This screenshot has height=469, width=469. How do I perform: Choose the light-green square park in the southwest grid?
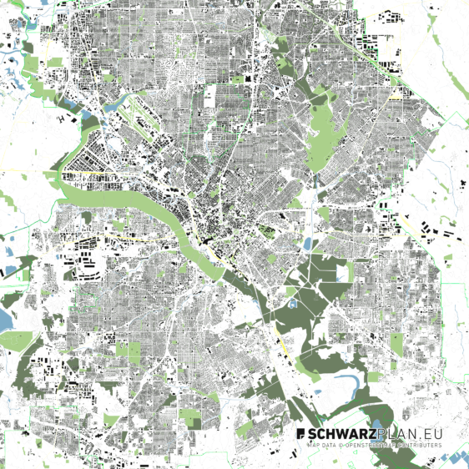click(129, 350)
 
